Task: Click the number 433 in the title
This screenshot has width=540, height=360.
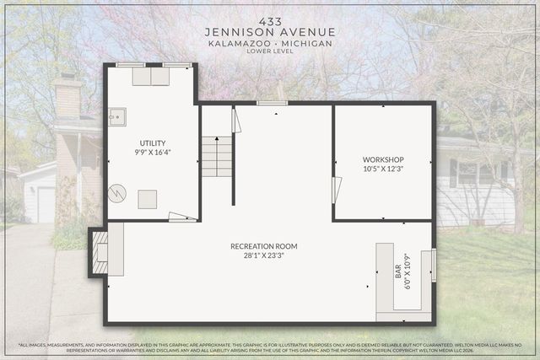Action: [270, 19]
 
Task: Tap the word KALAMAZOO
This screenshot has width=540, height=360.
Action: [235, 42]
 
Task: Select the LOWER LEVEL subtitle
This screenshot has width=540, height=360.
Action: [270, 51]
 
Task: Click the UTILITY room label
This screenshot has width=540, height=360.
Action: [153, 143]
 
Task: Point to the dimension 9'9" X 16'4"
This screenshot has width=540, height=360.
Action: [153, 153]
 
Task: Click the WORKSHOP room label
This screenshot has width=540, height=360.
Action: [383, 159]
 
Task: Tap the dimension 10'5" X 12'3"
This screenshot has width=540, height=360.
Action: [383, 169]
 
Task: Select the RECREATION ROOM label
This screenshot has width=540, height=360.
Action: [264, 246]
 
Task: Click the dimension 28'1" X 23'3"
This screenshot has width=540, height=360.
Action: [264, 255]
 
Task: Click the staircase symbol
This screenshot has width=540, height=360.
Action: [216, 157]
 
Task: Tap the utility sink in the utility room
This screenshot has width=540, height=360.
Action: [116, 116]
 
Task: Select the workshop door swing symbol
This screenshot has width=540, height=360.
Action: [337, 190]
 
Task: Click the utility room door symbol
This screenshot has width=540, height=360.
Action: [181, 217]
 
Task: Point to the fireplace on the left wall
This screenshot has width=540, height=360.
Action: [101, 252]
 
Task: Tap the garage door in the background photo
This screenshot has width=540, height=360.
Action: [46, 204]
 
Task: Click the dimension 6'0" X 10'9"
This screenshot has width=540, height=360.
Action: [408, 271]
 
